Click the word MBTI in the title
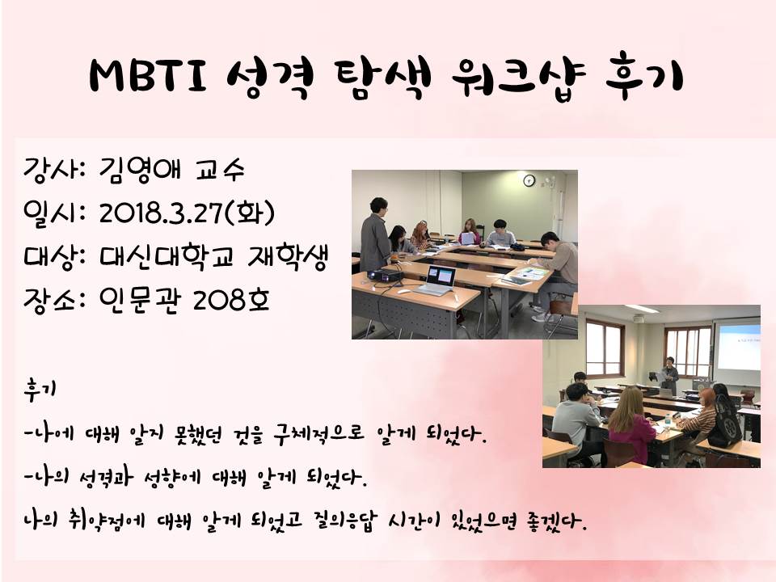[x=149, y=76]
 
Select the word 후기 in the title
[x=644, y=78]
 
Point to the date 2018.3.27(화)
[x=187, y=213]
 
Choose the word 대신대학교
[x=166, y=257]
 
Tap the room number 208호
[x=232, y=298]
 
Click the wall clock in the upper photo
[x=529, y=180]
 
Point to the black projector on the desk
[x=385, y=275]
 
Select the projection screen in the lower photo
[x=737, y=348]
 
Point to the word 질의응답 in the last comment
[x=345, y=520]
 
